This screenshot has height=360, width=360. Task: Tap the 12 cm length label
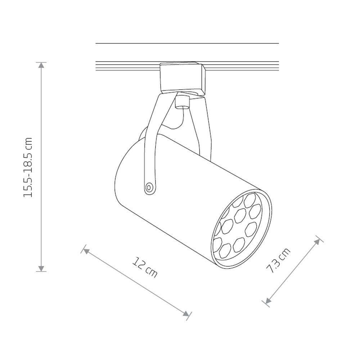(x=145, y=267)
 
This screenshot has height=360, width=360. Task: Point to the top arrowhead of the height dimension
(x=42, y=65)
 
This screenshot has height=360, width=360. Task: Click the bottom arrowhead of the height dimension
(x=42, y=268)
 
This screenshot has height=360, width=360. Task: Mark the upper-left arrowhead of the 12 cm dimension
(x=86, y=250)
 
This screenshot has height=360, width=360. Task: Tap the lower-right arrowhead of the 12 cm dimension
(x=186, y=314)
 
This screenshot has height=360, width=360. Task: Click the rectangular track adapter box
(x=182, y=77)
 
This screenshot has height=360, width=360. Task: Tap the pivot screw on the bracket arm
(x=148, y=187)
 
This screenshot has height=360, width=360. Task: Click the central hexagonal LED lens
(x=239, y=216)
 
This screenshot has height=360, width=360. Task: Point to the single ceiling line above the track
(x=187, y=44)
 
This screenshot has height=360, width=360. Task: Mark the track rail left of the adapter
(x=126, y=66)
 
